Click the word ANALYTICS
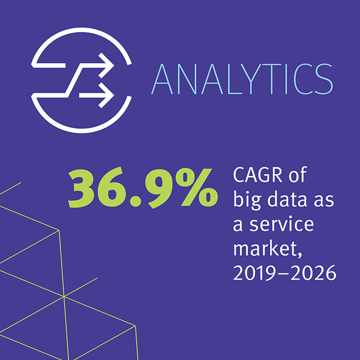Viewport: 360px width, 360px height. tap(242, 79)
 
